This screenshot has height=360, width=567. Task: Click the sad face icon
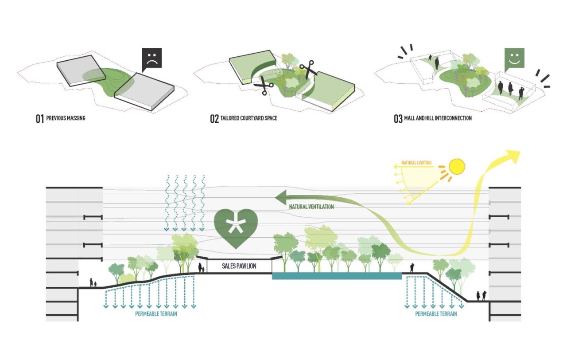tap(152, 58)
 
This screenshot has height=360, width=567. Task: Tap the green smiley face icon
tap(515, 58)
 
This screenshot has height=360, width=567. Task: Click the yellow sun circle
tap(457, 166)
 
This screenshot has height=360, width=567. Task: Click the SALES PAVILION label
tap(239, 266)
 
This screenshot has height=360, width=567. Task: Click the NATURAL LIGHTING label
tap(416, 163)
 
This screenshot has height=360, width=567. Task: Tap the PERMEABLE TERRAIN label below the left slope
tap(156, 314)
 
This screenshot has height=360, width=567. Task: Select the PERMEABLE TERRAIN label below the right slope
tap(436, 314)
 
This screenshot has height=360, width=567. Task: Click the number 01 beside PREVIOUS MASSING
tap(40, 119)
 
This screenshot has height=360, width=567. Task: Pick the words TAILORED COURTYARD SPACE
tap(249, 119)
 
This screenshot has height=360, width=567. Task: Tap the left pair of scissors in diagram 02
tap(264, 86)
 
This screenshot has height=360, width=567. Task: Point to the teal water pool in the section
tap(337, 276)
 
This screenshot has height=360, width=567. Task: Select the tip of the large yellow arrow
tap(519, 153)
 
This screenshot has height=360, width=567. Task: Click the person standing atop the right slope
tap(412, 268)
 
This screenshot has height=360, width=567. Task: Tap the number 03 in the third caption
tap(398, 119)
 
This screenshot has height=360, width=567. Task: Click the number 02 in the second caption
tap(214, 119)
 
